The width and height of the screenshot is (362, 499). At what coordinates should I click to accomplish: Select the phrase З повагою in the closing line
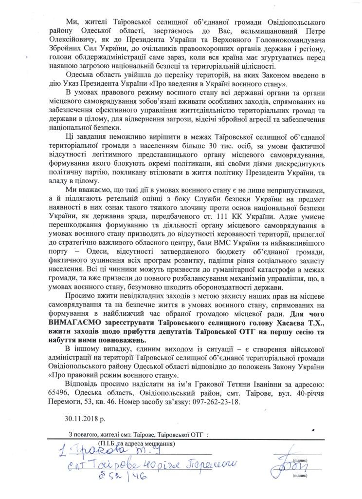pos(83,434)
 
